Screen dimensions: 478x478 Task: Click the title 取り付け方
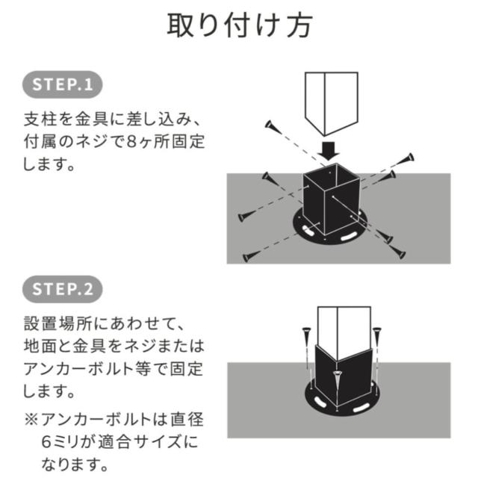coord(240,25)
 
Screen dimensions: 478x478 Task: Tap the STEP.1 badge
coord(63,84)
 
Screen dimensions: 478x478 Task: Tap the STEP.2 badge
coord(63,289)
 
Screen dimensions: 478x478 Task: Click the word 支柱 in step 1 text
coord(40,119)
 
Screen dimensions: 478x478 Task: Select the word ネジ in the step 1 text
coord(91,142)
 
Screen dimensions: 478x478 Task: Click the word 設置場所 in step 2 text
coord(58,323)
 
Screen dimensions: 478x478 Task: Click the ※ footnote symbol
coord(31,420)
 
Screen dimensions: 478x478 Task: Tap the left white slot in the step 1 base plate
coord(308,232)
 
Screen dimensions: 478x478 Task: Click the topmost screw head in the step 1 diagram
coord(270,125)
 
